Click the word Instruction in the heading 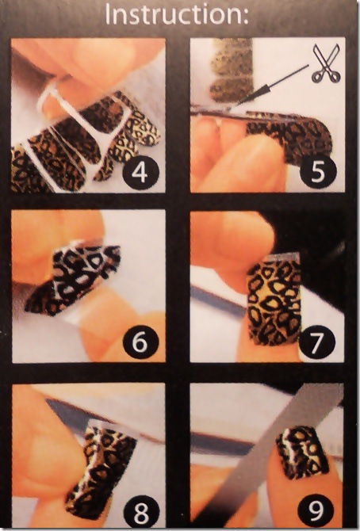173,14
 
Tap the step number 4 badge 140,172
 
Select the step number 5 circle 318,172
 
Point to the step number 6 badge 140,342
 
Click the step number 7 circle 317,342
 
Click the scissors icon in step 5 326,63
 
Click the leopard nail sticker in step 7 274,301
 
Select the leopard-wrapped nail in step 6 73,276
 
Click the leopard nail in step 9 302,453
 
